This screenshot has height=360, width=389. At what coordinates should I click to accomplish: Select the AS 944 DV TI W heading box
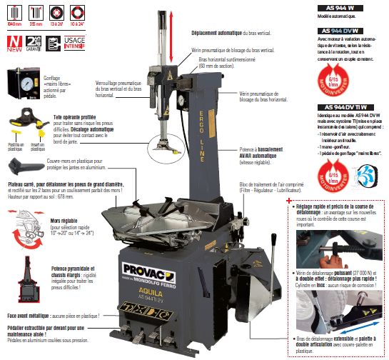[342, 106]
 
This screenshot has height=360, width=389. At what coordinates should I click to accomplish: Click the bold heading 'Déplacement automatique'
[226, 34]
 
